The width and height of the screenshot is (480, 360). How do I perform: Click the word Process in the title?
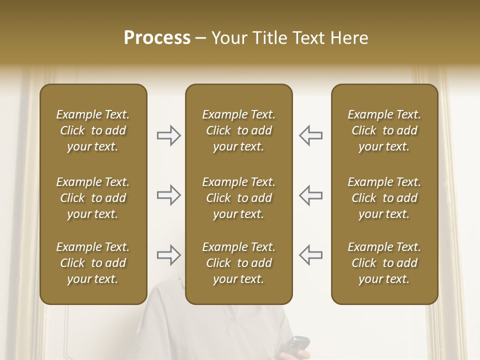point(157,38)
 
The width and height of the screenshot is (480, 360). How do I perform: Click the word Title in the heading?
point(270,38)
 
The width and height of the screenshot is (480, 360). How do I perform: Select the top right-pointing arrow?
point(169,135)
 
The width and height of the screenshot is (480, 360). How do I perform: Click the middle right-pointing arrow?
point(169,195)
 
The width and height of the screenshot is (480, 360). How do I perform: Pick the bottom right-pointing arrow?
point(169,255)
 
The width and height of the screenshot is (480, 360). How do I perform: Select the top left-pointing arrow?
point(310,135)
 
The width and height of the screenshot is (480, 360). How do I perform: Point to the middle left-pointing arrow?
point(310,195)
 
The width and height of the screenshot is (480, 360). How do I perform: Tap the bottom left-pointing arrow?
point(310,255)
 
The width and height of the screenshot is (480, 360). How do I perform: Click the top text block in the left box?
point(93,130)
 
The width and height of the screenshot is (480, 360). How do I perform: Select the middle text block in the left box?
point(93,198)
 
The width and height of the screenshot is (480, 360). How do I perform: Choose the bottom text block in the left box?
point(93,263)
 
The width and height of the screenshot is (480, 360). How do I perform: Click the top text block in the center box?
point(238,130)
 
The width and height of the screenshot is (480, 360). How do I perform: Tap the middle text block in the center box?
point(238,198)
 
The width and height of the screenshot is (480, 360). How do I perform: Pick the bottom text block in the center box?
point(238,263)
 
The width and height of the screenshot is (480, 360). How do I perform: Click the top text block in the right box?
point(384,130)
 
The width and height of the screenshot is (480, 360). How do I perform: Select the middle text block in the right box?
point(384,198)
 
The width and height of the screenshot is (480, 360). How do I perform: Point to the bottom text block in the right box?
point(384,263)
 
